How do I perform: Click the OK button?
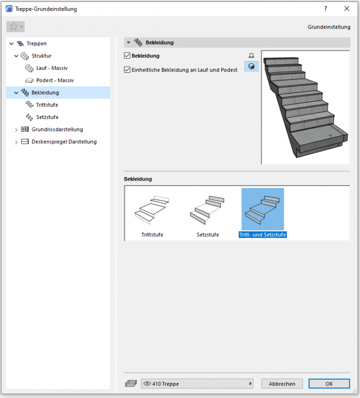click(329, 384)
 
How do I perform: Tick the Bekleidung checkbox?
click(127, 56)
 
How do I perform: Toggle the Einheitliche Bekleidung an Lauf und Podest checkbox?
click(127, 70)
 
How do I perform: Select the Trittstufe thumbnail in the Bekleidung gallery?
click(152, 210)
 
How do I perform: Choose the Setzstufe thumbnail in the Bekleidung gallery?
click(207, 210)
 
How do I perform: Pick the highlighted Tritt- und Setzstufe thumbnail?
click(263, 209)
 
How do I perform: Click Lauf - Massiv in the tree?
click(52, 68)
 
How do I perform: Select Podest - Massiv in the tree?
click(55, 80)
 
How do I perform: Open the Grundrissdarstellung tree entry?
click(57, 129)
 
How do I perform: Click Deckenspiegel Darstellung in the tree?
click(64, 142)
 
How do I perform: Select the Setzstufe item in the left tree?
click(47, 117)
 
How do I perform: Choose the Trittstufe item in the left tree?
click(47, 105)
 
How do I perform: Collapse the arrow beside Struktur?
click(16, 56)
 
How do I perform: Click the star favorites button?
click(15, 27)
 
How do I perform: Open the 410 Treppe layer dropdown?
click(197, 384)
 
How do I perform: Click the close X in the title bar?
click(347, 8)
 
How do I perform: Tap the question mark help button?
click(326, 8)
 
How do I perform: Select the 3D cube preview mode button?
click(252, 66)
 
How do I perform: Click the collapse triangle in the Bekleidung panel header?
click(129, 42)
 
